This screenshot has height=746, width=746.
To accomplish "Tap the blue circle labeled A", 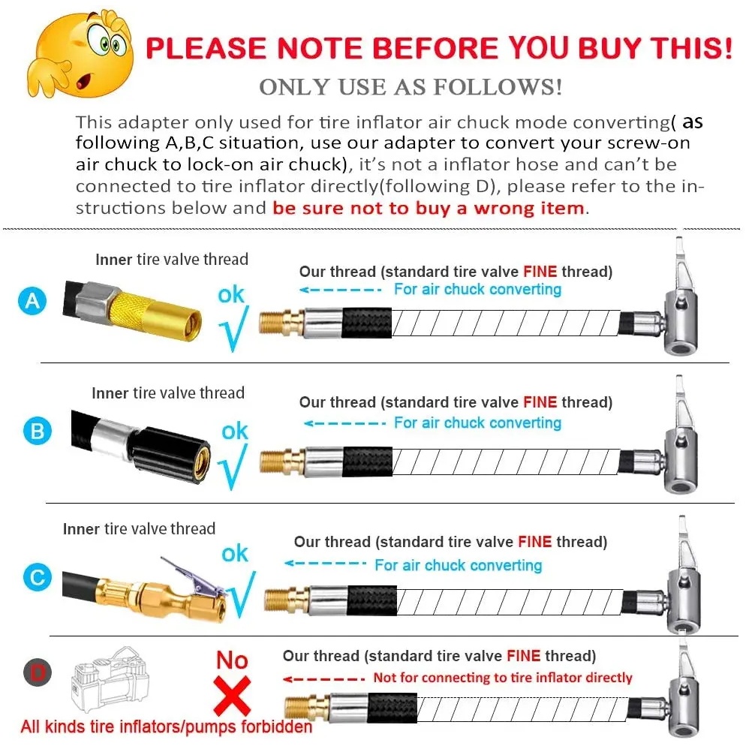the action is tap(32, 301).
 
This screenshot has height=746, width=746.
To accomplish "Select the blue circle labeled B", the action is tap(37, 431).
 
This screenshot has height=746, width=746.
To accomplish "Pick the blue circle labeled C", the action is tap(37, 577).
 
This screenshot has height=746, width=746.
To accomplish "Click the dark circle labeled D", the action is tap(38, 672).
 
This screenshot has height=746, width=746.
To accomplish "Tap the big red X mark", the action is tap(232, 696).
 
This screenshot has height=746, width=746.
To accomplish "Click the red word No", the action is tap(232, 660).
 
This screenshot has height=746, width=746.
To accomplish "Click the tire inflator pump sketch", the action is tap(110, 679).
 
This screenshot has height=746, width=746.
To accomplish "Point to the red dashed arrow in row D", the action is tap(324, 679).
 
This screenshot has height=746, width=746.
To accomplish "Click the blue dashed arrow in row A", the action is tap(340, 289).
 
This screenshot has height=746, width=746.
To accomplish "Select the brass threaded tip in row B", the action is tap(281, 462).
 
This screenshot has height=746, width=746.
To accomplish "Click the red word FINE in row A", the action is tap(540, 272).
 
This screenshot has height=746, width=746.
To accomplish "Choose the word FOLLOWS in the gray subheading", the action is tap(498, 87).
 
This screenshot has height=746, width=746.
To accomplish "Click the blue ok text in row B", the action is tap(235, 431).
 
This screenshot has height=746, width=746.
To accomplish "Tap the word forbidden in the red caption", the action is tap(276, 726).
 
